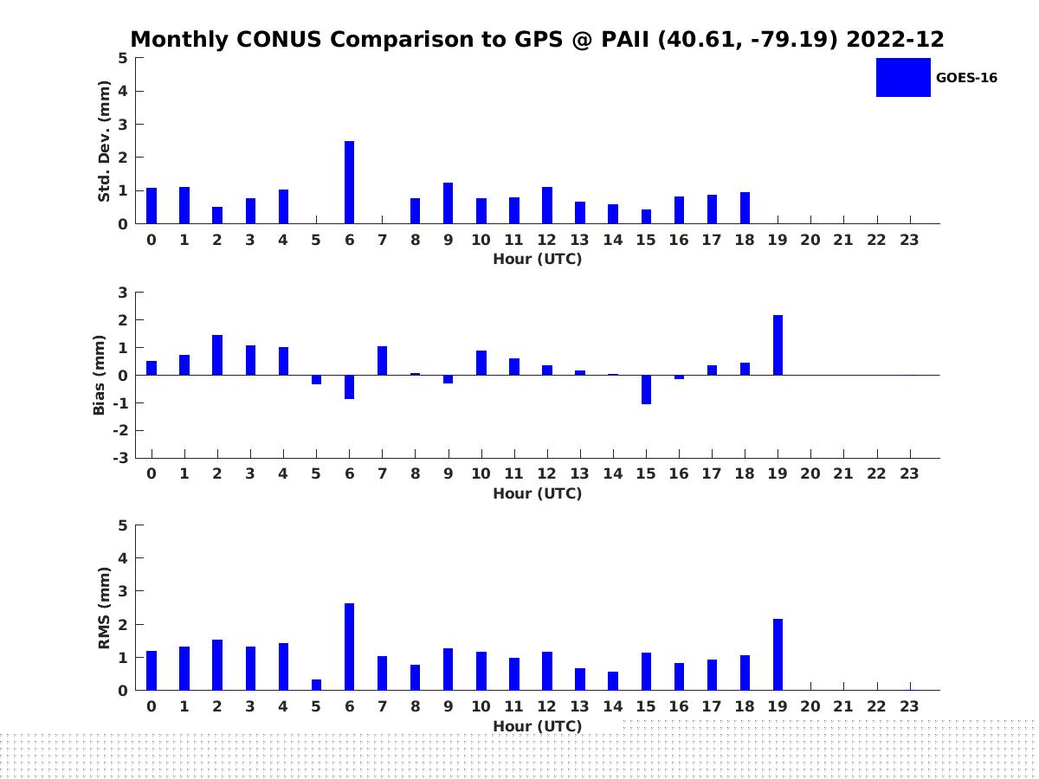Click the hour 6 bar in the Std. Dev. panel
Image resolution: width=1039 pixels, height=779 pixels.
[x=349, y=182]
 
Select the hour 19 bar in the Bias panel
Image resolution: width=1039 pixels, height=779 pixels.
[x=778, y=344]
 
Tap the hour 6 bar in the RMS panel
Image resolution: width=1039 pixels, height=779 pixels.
[x=349, y=647]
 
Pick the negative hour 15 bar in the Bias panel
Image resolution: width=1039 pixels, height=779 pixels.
[x=646, y=389]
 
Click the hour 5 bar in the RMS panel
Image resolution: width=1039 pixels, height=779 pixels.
[x=316, y=685]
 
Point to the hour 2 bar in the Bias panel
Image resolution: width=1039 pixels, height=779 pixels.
[x=217, y=355]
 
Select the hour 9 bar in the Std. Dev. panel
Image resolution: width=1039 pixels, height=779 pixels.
[x=449, y=203]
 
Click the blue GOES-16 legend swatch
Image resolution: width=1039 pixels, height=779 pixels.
[x=903, y=78]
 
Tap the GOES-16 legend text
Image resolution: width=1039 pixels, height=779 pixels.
[x=966, y=78]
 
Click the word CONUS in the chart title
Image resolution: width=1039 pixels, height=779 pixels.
[x=279, y=39]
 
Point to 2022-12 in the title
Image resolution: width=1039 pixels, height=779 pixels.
[x=895, y=39]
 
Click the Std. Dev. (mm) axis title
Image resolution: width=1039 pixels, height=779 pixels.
[x=104, y=141]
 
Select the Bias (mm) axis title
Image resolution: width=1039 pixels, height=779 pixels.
[x=99, y=375]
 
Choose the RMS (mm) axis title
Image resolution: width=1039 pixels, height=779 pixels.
[x=104, y=608]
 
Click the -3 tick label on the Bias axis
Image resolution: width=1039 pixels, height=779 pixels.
[x=120, y=458]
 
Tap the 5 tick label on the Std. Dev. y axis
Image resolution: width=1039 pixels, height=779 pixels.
[x=123, y=58]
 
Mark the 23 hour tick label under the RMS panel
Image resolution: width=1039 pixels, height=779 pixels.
[x=909, y=706]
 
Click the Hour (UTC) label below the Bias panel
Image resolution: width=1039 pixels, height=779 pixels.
[x=538, y=493]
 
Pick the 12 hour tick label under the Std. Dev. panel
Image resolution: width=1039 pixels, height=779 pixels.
[x=546, y=240]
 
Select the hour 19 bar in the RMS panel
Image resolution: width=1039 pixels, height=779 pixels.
[x=778, y=654]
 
